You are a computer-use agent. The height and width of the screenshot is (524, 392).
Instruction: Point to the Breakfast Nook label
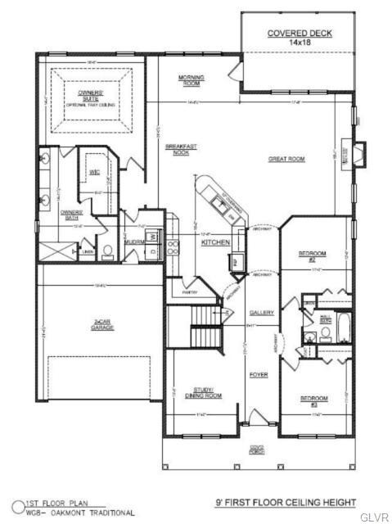pos(177,150)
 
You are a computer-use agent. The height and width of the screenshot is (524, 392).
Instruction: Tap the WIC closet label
pos(95,174)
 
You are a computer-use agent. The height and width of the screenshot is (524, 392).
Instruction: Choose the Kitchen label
pos(214,242)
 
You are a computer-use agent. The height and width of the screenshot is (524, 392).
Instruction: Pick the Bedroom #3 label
pos(313,400)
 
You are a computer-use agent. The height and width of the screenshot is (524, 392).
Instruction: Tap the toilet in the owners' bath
pos(107,251)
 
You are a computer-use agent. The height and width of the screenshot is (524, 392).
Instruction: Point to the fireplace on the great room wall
pos(359,153)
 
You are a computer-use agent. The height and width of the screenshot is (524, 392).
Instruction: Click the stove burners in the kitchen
pos(173,247)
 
